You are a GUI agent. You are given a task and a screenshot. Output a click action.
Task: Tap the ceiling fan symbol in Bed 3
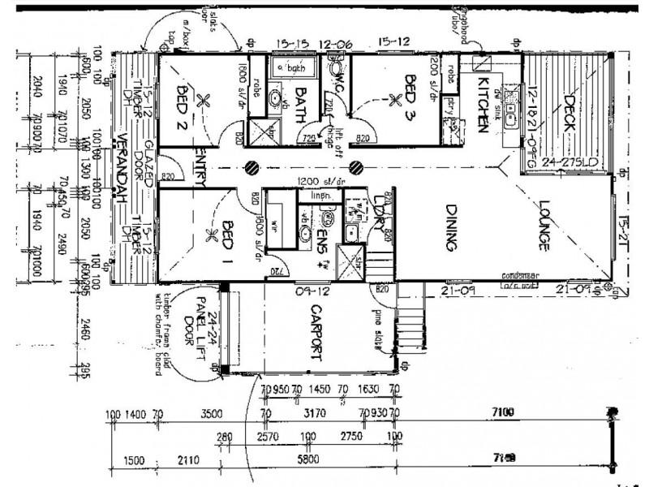[396, 100]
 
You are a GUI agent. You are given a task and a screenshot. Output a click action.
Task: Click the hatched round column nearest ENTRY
[254, 167]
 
